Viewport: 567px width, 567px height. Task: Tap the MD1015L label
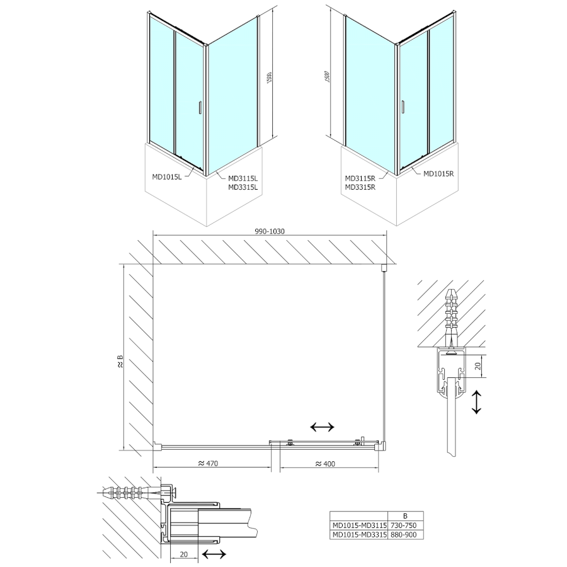pos(167,176)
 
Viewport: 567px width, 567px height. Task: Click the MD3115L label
pos(243,178)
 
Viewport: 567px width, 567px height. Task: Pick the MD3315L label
pos(243,186)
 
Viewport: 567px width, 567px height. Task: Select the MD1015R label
pos(439,173)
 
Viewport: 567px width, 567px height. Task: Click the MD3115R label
pos(360,178)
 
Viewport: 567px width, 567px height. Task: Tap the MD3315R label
pos(360,186)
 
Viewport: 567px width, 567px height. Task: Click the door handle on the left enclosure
pos(199,108)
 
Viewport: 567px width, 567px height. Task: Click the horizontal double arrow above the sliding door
pos(323,427)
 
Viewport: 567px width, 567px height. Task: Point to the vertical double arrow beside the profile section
pos(477,402)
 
